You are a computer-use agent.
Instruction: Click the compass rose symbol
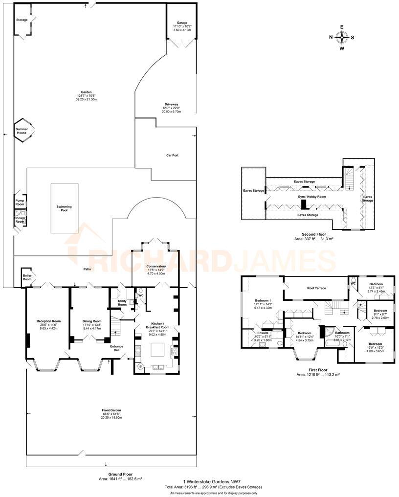[342, 37]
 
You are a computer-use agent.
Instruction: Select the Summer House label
[22, 131]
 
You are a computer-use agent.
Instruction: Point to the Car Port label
[172, 155]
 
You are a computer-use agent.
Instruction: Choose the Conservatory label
[156, 266]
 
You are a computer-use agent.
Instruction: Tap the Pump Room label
[20, 203]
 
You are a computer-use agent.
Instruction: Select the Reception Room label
[48, 321]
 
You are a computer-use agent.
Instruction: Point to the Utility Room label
[122, 303]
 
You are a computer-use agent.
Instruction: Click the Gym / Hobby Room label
[311, 196]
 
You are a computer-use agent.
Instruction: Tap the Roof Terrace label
[316, 288]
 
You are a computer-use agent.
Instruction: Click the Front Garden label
[111, 410]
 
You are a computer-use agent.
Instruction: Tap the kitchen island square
[156, 350]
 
